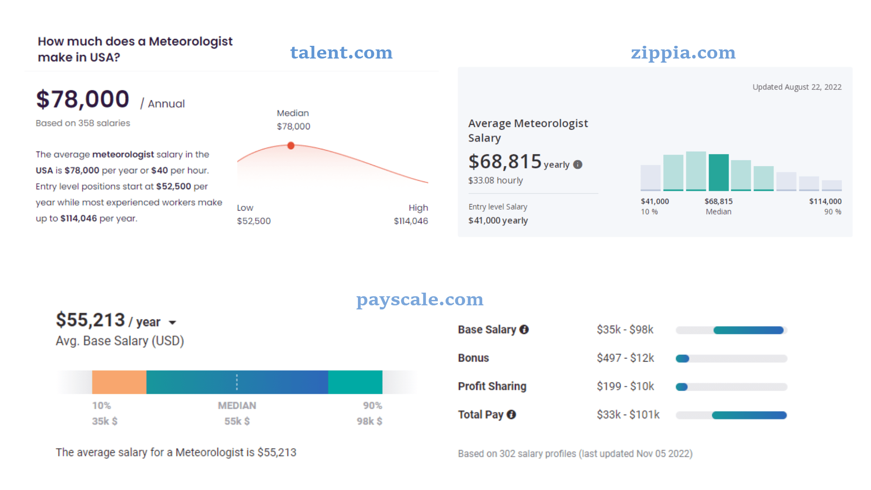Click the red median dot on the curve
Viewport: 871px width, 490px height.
(291, 146)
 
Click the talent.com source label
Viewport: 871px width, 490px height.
(341, 53)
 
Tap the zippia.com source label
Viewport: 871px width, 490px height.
(683, 53)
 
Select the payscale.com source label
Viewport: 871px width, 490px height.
(420, 299)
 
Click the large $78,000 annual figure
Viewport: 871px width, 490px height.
(83, 99)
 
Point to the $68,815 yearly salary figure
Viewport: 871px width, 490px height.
(505, 162)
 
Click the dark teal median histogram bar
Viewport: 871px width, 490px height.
(719, 172)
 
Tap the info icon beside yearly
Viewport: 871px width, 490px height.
(577, 165)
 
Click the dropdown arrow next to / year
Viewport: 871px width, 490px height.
(172, 323)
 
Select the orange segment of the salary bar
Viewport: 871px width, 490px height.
(119, 382)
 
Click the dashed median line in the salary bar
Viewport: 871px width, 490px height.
(237, 382)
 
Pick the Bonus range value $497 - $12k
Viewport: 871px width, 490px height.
(625, 358)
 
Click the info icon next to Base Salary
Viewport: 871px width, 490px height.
(524, 330)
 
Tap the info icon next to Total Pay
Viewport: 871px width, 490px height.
(511, 415)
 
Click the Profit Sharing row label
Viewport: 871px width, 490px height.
(492, 386)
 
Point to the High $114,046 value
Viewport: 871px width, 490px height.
(411, 221)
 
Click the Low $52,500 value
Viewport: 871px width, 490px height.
(254, 221)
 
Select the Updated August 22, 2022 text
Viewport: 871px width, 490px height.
(797, 87)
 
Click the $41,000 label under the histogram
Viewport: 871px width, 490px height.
(655, 201)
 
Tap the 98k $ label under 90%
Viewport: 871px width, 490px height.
(369, 421)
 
